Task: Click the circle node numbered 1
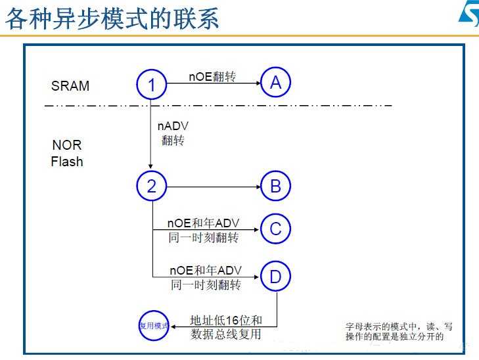[152, 85]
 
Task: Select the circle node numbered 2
[152, 186]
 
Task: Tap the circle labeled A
[275, 82]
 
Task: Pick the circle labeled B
[275, 187]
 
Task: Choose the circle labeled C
[275, 229]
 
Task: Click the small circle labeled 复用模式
[154, 325]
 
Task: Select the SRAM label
[70, 86]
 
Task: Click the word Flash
[67, 161]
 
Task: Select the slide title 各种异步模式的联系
[112, 19]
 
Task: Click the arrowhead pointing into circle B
[258, 187]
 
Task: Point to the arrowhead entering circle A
[258, 83]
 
